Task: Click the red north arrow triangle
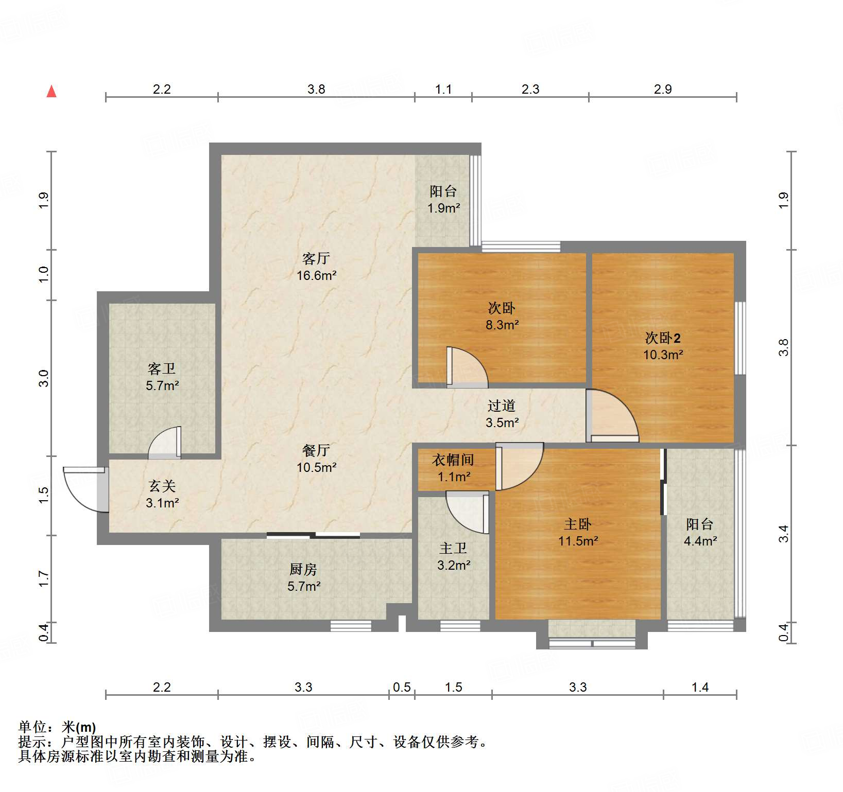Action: [x=51, y=91]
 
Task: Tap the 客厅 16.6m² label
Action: [x=317, y=267]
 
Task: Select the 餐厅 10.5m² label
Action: [x=317, y=459]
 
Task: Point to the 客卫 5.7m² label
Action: [x=162, y=377]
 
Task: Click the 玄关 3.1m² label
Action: [x=162, y=494]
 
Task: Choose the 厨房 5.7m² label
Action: [x=304, y=577]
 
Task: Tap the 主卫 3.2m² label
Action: [x=454, y=556]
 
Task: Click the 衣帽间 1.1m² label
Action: [x=454, y=468]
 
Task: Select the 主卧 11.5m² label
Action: [x=578, y=532]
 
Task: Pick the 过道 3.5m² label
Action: [x=502, y=414]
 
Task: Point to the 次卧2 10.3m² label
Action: [x=663, y=346]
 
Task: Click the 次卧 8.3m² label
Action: [x=502, y=316]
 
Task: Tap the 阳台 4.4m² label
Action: [x=700, y=532]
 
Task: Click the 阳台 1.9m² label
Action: [x=444, y=199]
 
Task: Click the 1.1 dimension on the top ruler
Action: [x=443, y=89]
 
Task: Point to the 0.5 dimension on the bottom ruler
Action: [x=402, y=687]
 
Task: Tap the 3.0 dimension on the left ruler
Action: [x=44, y=378]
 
